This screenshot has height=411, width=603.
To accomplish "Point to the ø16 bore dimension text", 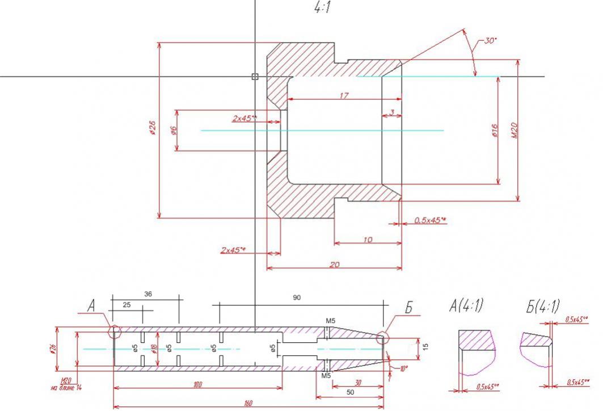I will [495, 130].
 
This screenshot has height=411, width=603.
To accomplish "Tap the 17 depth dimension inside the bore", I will [344, 96].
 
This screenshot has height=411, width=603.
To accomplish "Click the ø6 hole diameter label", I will [174, 130].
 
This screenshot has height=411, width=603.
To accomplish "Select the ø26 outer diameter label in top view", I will [153, 130].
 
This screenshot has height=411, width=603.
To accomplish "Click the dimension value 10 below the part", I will [367, 240].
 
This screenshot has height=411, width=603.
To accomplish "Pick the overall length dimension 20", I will [334, 264].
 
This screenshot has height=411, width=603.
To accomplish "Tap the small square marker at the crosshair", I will [255, 76].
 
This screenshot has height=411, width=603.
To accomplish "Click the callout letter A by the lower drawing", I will [91, 307].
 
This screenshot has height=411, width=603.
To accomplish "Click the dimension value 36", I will [148, 294].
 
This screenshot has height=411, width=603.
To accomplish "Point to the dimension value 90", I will [297, 297].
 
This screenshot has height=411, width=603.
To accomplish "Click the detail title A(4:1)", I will [465, 307].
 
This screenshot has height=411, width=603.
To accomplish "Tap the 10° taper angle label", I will [403, 368].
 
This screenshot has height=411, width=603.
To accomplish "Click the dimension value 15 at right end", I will [425, 345].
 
